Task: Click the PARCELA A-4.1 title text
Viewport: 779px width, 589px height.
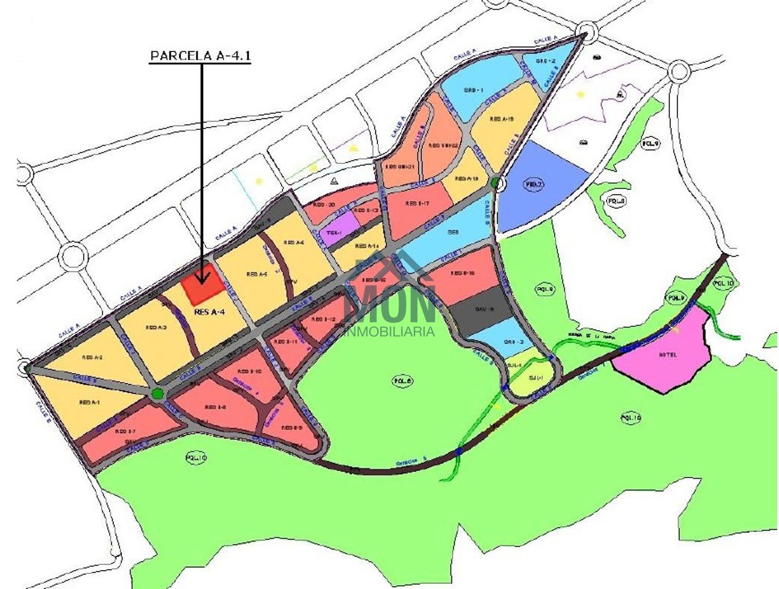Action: (200, 55)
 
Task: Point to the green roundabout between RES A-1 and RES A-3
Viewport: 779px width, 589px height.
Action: (157, 394)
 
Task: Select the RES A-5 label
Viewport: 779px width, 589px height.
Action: (257, 274)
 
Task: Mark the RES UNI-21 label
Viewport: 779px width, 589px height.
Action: (399, 166)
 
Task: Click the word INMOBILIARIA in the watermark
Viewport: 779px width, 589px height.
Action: (389, 332)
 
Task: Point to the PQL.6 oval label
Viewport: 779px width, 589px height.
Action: (403, 381)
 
